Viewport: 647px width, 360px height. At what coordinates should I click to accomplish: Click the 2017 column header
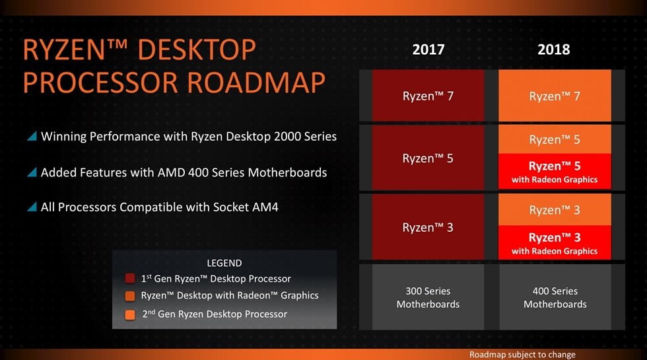pos(428,50)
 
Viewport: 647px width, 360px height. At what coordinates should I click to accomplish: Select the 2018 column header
pos(554,50)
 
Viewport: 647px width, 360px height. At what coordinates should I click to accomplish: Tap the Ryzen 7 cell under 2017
pos(428,95)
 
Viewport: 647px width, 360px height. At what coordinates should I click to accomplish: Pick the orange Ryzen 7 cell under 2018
pos(555,95)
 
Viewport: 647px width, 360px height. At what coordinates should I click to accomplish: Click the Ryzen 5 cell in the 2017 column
pos(428,158)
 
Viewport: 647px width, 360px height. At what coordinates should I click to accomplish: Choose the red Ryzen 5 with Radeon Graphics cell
pos(555,172)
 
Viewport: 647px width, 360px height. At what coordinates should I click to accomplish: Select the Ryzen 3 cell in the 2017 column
pos(428,227)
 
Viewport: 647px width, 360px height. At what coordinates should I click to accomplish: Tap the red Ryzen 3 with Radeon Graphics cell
pos(555,243)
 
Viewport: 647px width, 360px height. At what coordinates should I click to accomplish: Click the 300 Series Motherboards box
pos(428,297)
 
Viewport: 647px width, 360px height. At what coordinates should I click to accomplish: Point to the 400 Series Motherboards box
pos(555,297)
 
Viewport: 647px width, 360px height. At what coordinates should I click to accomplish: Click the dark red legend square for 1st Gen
pos(130,278)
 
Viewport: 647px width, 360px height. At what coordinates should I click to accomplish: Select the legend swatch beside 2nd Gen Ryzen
pos(130,314)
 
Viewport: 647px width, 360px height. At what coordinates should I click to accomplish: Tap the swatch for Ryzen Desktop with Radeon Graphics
pos(130,296)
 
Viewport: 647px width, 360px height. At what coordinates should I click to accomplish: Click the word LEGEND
pos(224,263)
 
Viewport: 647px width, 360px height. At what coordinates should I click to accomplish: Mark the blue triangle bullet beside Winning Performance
pos(32,136)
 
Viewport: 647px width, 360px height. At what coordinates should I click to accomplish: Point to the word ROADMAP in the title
pos(257,82)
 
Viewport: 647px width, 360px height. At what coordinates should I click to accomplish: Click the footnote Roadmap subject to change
pos(522,354)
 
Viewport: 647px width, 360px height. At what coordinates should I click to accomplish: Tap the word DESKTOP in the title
pos(197,50)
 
